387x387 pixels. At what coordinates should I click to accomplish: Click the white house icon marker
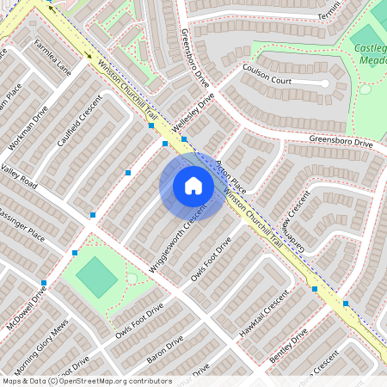[x=193, y=186]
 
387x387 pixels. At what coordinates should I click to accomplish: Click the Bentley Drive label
[x=288, y=345]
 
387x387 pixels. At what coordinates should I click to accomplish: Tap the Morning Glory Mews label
[x=42, y=342]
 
